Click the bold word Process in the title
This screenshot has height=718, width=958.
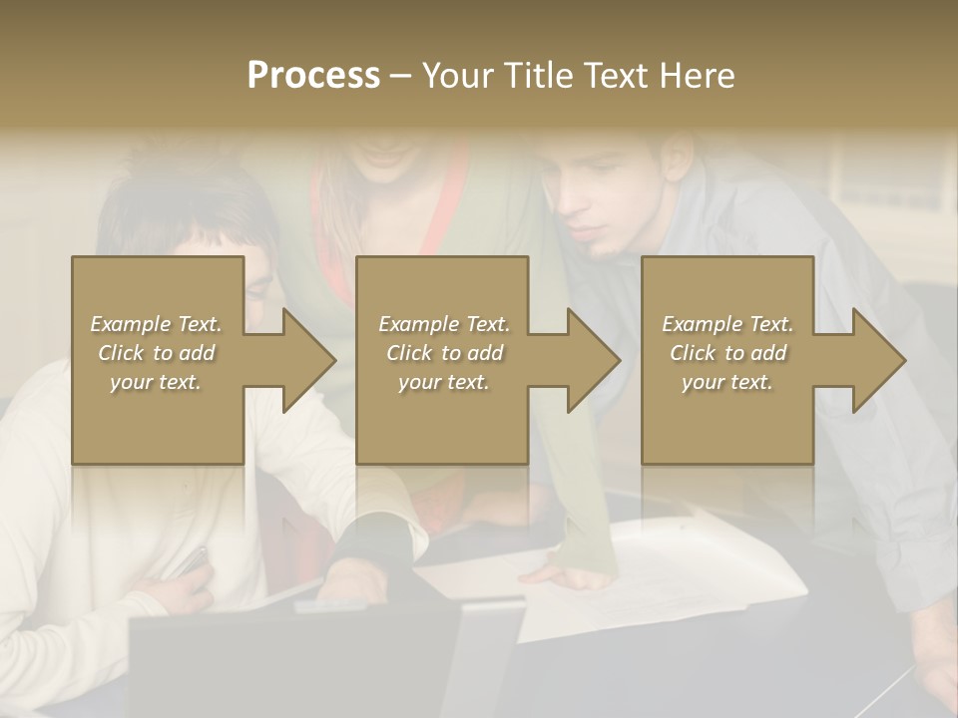pyautogui.click(x=313, y=76)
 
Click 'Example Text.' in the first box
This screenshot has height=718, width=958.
pyautogui.click(x=156, y=324)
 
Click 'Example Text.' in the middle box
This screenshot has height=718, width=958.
pyautogui.click(x=443, y=324)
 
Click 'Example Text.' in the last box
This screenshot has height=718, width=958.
pyautogui.click(x=727, y=324)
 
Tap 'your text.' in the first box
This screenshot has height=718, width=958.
pyautogui.click(x=156, y=382)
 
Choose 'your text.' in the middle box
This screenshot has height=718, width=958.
pyautogui.click(x=443, y=382)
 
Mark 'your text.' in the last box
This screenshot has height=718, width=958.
pyautogui.click(x=727, y=382)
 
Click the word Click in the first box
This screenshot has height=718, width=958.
pyautogui.click(x=121, y=353)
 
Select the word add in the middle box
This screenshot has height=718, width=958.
pyautogui.click(x=485, y=353)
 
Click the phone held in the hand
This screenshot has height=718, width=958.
pyautogui.click(x=192, y=562)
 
